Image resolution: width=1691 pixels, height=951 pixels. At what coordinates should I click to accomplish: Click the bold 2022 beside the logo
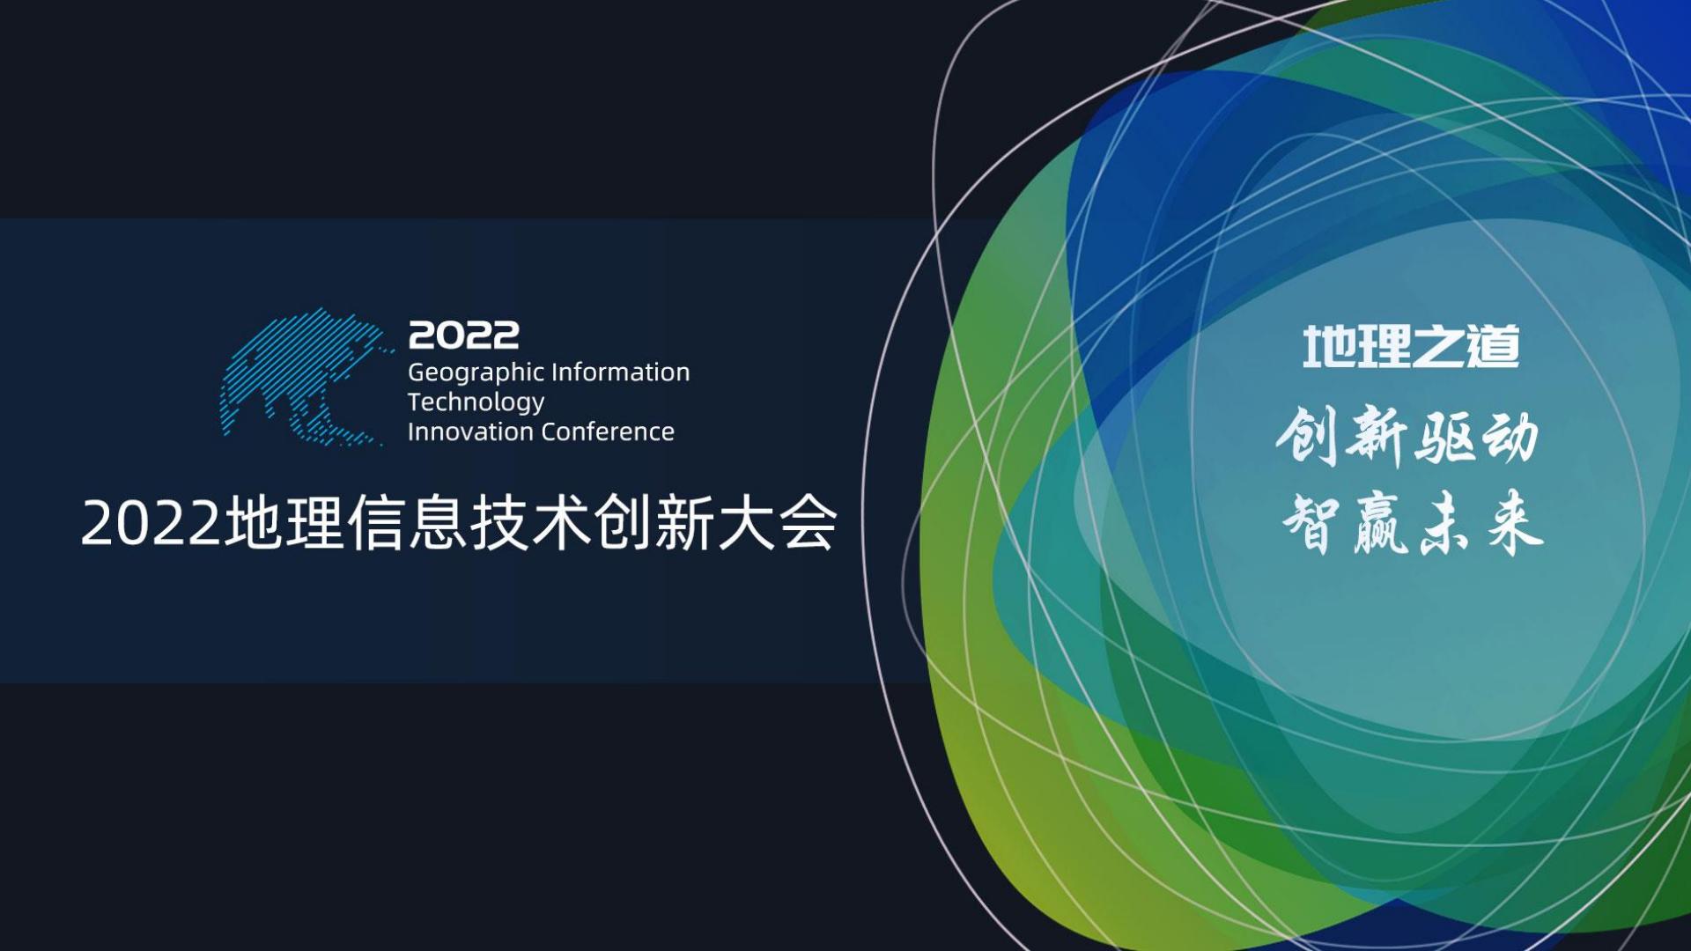pyautogui.click(x=463, y=335)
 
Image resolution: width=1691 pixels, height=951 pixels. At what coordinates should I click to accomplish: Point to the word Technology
pyautogui.click(x=476, y=402)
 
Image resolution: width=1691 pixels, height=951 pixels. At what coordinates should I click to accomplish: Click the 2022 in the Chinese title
pyautogui.click(x=150, y=524)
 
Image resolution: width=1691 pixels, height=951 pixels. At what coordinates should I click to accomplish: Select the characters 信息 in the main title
pyautogui.click(x=407, y=524)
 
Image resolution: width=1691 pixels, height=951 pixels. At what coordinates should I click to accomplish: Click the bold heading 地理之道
pyautogui.click(x=1411, y=346)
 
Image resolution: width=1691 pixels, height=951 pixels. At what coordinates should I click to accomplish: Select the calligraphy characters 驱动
pyautogui.click(x=1476, y=437)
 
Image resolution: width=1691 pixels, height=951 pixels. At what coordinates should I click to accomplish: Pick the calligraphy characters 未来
pyautogui.click(x=1480, y=524)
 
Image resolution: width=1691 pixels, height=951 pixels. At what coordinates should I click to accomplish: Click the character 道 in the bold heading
pyautogui.click(x=1494, y=346)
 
